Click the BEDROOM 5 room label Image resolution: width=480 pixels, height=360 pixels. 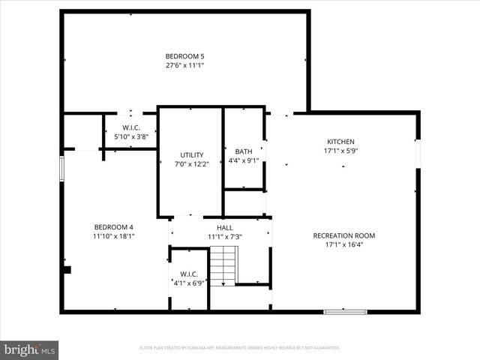tap(184, 56)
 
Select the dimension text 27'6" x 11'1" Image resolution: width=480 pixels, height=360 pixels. tap(184, 66)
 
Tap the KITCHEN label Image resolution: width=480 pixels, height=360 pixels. tap(340, 142)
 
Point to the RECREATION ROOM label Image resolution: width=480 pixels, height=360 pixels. tap(343, 235)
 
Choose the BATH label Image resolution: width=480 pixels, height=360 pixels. tap(244, 151)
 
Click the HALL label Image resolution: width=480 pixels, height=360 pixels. tap(224, 228)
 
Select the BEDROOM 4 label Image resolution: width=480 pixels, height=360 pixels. tap(113, 227)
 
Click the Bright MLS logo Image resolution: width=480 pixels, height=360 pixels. tap(30, 349)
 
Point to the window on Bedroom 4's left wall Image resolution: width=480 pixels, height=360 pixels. tap(63, 169)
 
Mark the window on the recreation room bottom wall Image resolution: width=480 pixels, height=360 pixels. tap(345, 311)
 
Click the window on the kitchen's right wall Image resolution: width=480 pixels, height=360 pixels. tap(418, 150)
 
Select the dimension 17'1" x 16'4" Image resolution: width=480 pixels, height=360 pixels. tap(343, 244)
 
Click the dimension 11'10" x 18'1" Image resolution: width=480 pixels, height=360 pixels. tap(113, 236)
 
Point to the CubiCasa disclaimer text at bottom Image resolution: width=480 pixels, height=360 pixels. tap(240, 348)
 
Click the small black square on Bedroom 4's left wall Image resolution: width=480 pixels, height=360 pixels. tap(67, 270)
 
